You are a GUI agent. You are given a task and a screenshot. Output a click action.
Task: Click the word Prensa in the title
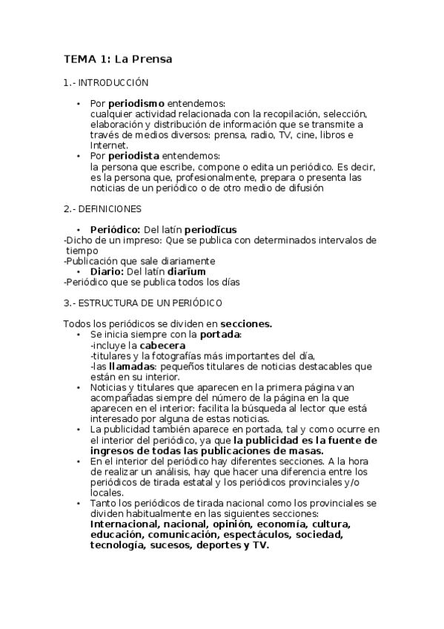[x=153, y=59]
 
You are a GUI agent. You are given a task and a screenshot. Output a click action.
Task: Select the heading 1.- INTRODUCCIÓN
[x=106, y=83]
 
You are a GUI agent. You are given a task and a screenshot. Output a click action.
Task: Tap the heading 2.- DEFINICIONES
[x=102, y=209]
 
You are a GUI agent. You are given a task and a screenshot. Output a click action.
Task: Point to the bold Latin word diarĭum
[x=185, y=271]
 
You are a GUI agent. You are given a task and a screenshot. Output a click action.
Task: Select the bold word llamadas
[x=132, y=366]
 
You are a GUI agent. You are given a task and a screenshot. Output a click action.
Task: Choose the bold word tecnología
[x=118, y=544]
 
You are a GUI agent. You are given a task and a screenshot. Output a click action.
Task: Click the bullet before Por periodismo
[x=79, y=104]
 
